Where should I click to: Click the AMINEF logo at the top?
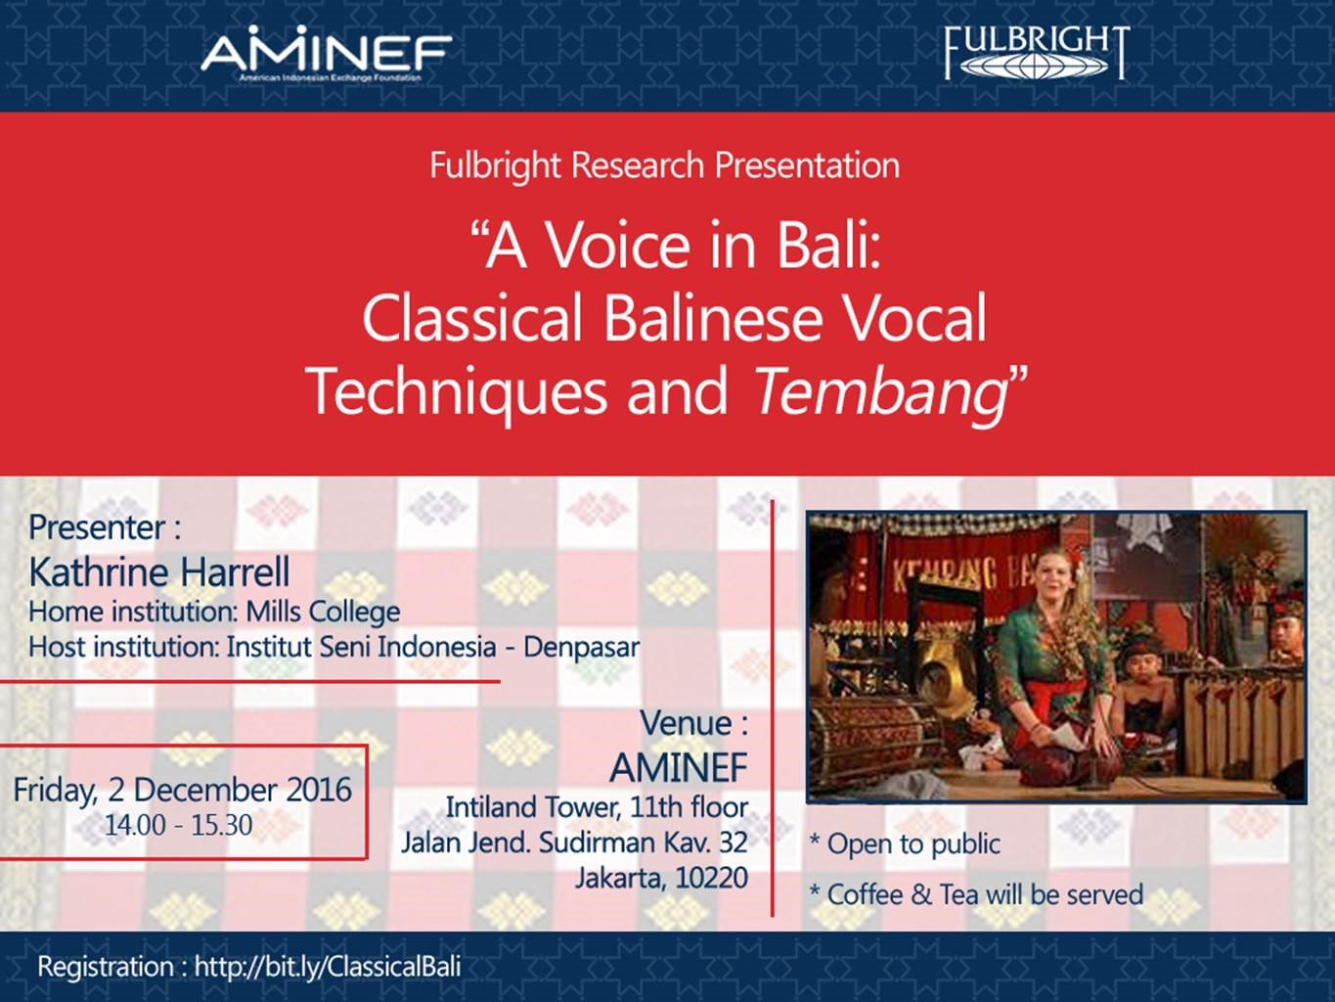(327, 56)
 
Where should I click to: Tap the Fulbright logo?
(1037, 53)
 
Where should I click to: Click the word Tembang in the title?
(880, 390)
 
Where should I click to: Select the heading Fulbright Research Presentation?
(665, 166)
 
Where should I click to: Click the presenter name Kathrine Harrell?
(159, 572)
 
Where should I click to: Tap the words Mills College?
(323, 612)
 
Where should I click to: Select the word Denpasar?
(582, 647)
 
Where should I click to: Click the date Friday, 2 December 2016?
(183, 791)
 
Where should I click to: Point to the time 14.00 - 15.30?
(179, 825)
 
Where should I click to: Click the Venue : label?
(694, 723)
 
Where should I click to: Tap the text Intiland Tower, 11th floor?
(597, 807)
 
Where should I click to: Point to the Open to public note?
(905, 843)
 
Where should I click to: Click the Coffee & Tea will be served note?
(976, 894)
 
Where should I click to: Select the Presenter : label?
(105, 527)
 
